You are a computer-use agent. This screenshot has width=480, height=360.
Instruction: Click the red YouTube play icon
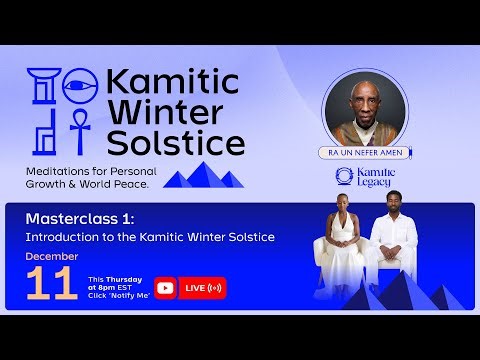point(165,288)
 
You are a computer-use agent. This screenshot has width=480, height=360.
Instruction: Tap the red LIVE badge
point(203,288)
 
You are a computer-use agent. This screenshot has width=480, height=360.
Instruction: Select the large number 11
point(52,285)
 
